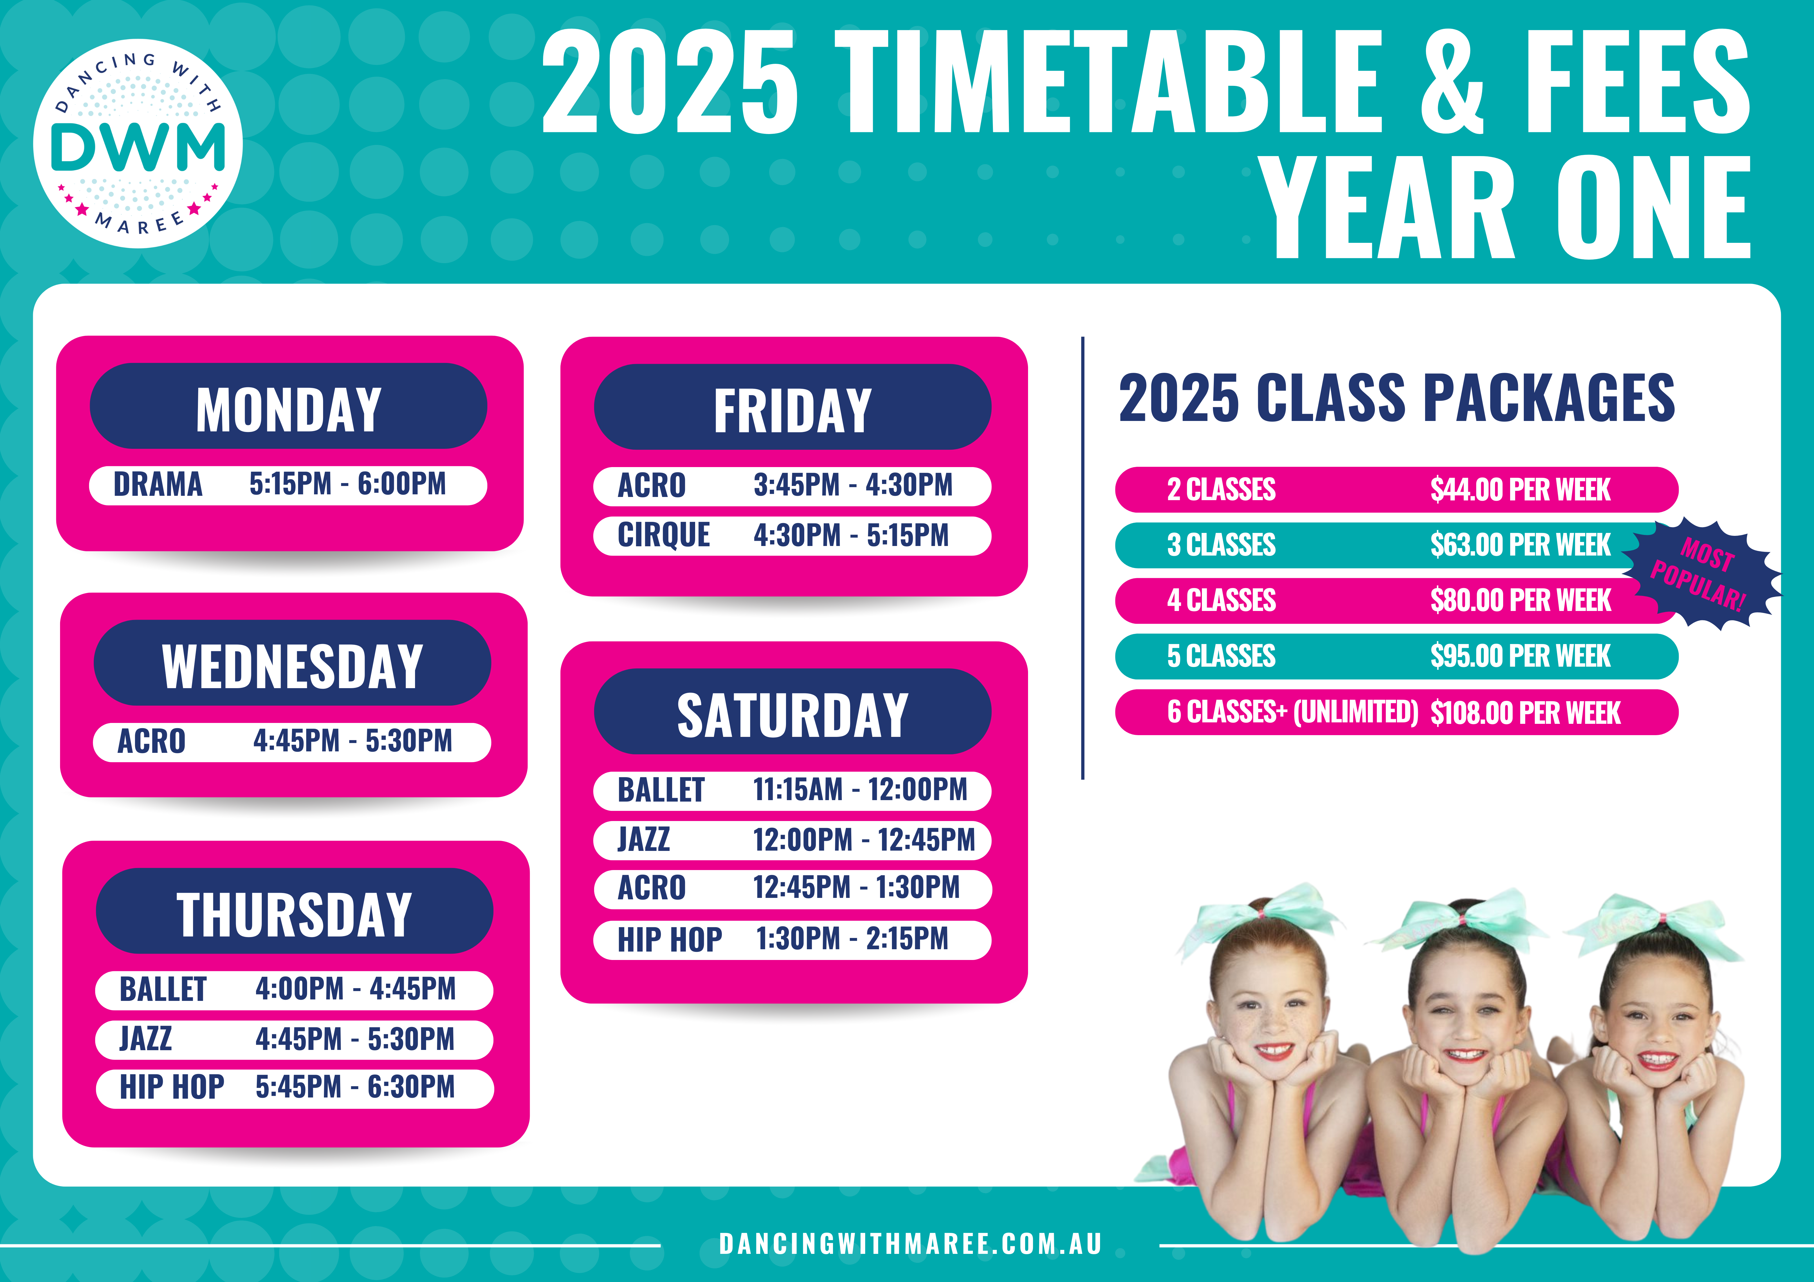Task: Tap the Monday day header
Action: [x=288, y=406]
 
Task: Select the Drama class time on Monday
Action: [x=348, y=483]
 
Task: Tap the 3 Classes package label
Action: [x=1221, y=545]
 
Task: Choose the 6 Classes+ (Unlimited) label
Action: [x=1292, y=713]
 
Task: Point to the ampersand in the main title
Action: [x=1452, y=81]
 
